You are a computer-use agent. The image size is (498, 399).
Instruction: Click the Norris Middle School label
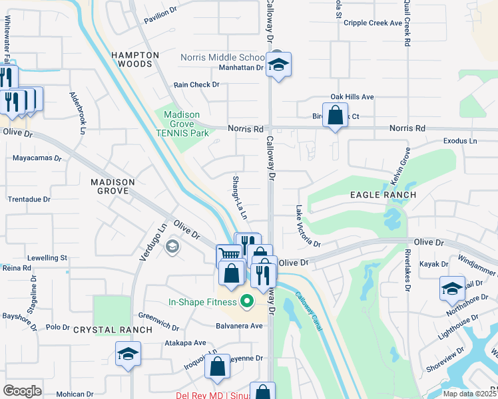(x=223, y=57)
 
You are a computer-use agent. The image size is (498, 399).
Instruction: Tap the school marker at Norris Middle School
(x=278, y=65)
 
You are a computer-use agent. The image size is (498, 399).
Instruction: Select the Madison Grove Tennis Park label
(x=182, y=124)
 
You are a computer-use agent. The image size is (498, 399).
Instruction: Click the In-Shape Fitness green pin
(x=246, y=303)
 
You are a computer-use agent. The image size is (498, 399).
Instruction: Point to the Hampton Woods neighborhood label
(x=135, y=60)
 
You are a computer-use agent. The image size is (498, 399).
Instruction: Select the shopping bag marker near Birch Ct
(x=336, y=115)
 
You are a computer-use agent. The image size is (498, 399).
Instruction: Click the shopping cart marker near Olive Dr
(x=228, y=255)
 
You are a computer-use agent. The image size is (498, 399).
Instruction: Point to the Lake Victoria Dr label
(x=307, y=227)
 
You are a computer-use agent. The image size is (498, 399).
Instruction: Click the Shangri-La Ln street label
(x=239, y=198)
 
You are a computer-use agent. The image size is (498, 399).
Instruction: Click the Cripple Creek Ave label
(x=373, y=23)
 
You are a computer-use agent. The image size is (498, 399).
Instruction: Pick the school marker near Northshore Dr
(x=451, y=289)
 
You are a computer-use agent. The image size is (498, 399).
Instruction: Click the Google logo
(x=22, y=390)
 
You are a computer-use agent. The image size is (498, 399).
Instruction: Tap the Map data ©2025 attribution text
(x=469, y=394)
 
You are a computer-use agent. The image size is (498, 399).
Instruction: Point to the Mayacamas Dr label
(x=37, y=159)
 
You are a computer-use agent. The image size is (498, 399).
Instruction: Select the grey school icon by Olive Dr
(x=172, y=247)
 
